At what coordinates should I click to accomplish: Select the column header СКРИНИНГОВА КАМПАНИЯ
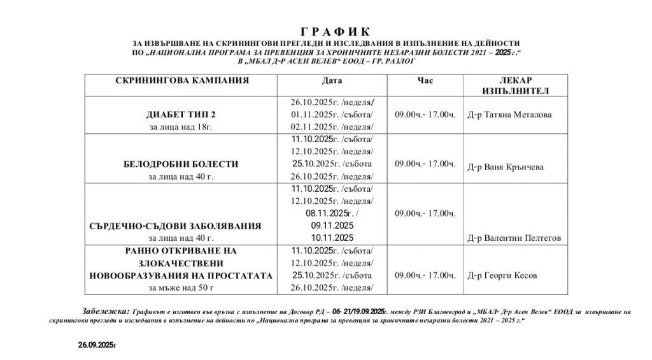pyautogui.click(x=182, y=81)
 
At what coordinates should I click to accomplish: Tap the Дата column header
pyautogui.click(x=332, y=81)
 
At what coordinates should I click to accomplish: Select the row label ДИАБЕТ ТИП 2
pyautogui.click(x=181, y=115)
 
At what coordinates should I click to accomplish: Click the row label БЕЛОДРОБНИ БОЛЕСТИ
pyautogui.click(x=181, y=164)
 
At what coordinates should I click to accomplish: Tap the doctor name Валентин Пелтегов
pyautogui.click(x=514, y=238)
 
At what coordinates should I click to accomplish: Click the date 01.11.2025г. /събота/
pyautogui.click(x=332, y=115)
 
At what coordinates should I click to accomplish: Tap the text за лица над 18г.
pyautogui.click(x=181, y=127)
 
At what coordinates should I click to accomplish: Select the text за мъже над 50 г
pyautogui.click(x=181, y=288)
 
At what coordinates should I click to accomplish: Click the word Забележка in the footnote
pyautogui.click(x=106, y=310)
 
